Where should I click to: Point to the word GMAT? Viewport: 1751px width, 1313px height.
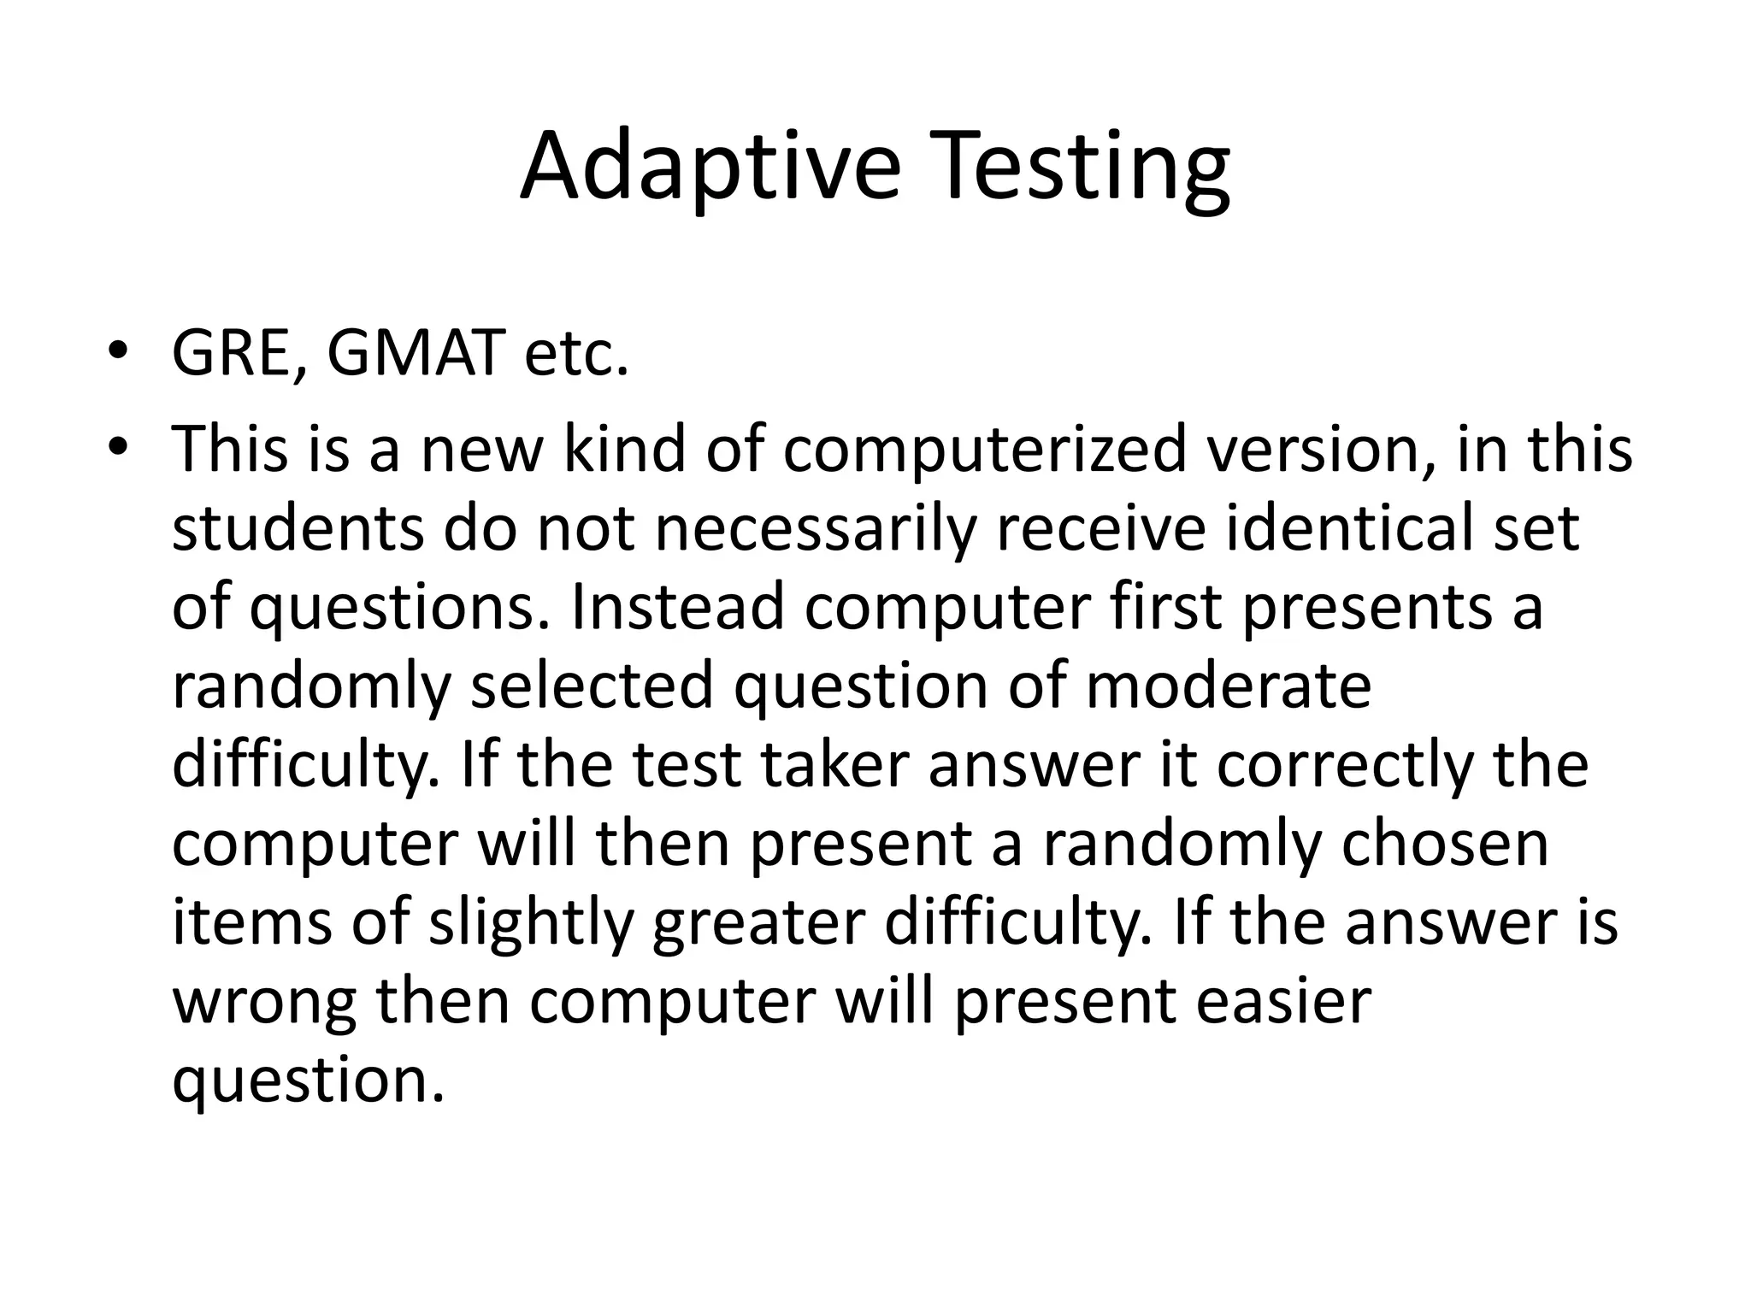(x=415, y=353)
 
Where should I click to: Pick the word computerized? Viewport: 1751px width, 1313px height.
(x=984, y=451)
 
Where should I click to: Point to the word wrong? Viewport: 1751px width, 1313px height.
(x=264, y=1002)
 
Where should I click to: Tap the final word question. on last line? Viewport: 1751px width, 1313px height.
(x=309, y=1080)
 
